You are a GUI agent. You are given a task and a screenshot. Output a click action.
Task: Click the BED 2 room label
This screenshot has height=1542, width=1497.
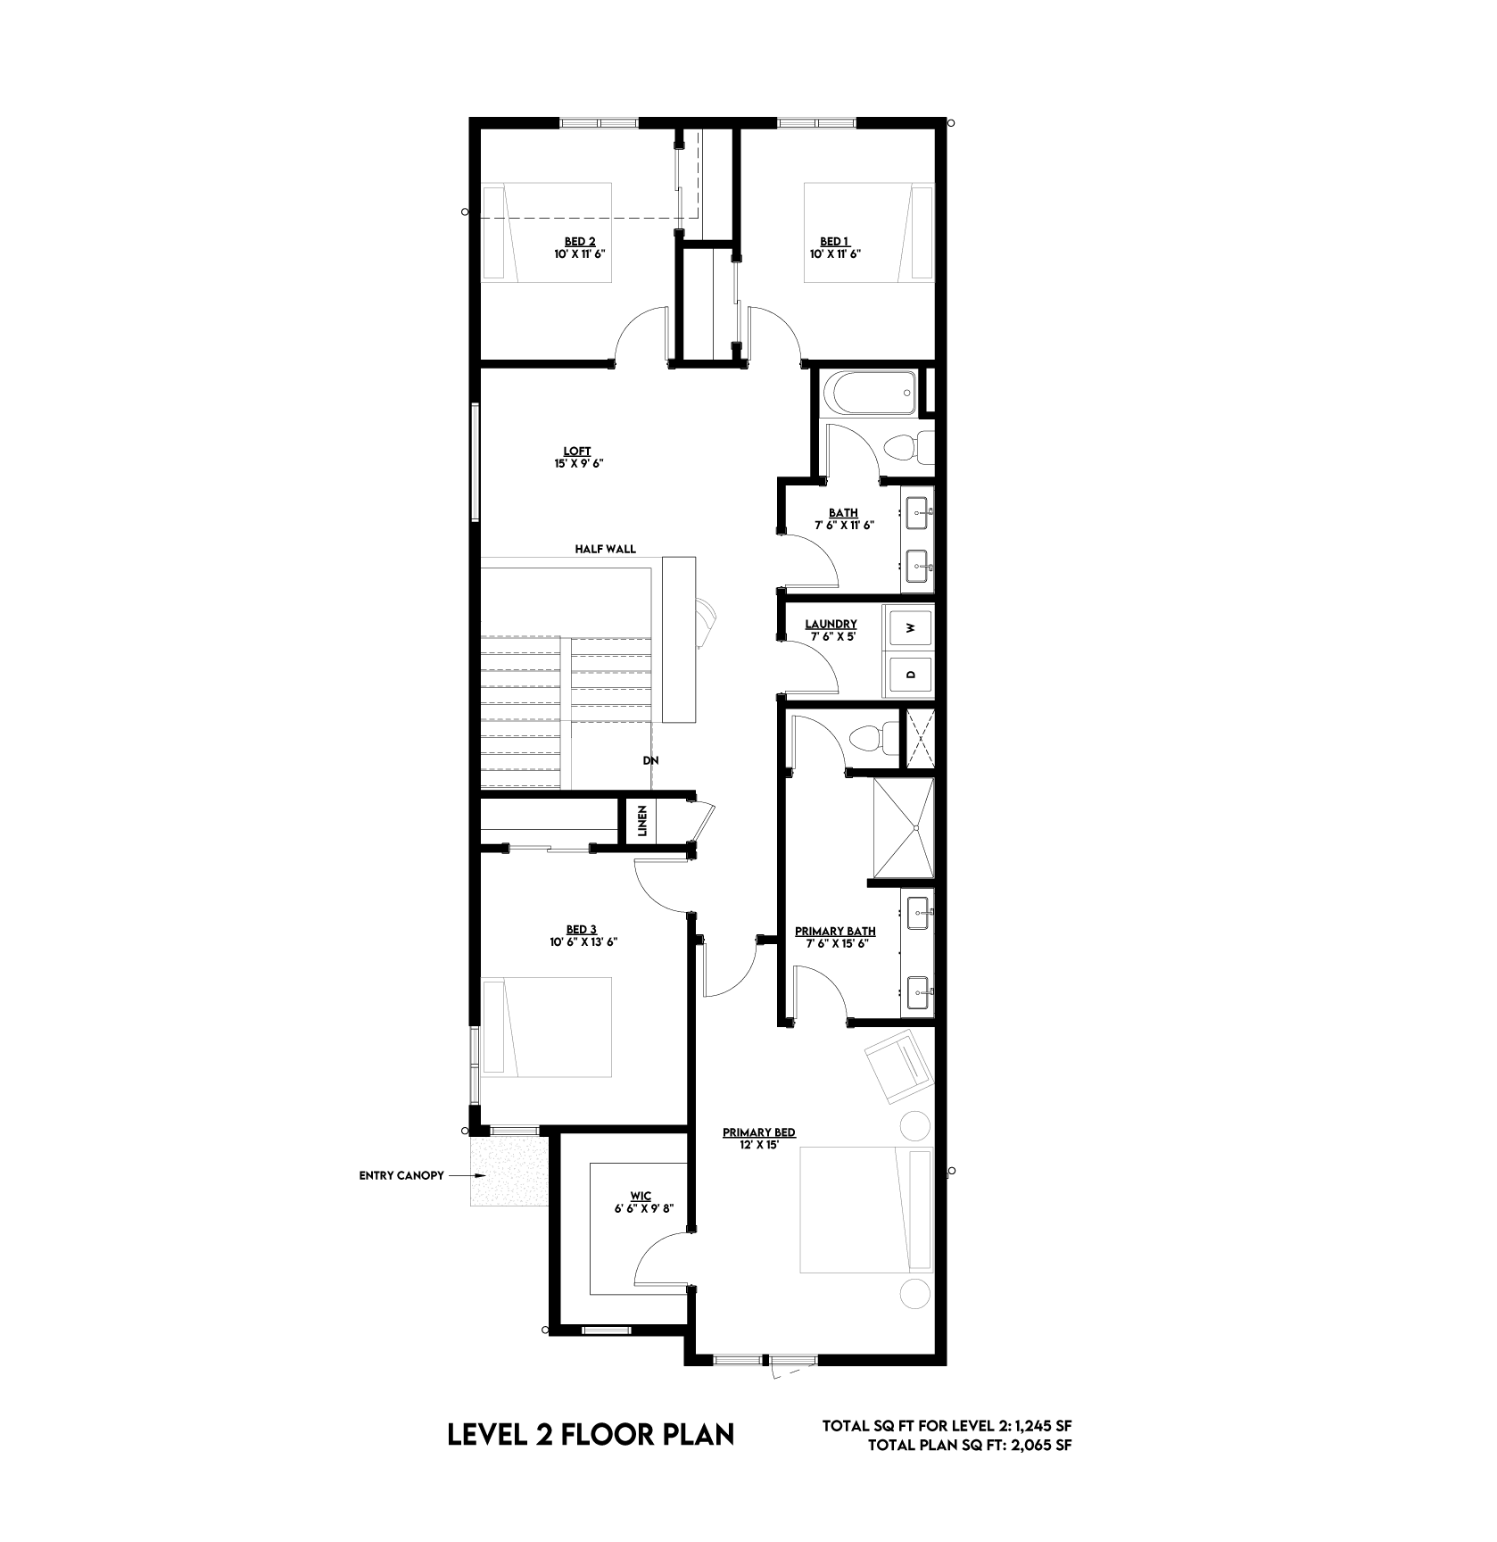pos(580,241)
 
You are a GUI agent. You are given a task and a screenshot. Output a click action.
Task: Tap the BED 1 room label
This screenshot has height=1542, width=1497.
pos(835,241)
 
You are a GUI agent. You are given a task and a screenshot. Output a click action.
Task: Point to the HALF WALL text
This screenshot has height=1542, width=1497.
pos(606,549)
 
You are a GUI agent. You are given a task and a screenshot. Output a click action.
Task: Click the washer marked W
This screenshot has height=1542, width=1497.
pos(910,628)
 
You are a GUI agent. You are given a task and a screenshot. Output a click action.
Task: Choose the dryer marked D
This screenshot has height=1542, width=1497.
pos(910,674)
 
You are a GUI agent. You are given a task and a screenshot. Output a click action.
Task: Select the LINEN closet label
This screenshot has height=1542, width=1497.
pos(641,821)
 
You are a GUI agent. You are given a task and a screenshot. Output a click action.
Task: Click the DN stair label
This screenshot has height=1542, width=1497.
pos(649,761)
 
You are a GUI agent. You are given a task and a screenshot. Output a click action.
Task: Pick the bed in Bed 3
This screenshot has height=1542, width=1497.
pos(546,1027)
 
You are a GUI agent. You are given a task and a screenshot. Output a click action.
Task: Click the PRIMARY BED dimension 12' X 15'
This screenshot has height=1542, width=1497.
pos(759,1145)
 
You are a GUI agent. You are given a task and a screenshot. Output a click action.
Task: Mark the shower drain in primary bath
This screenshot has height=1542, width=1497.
pos(917,828)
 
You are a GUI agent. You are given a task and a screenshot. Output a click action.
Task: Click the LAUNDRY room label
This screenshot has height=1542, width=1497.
pos(831,625)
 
